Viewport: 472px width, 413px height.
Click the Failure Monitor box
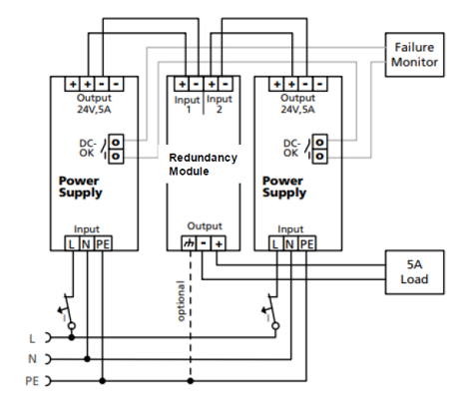point(414,55)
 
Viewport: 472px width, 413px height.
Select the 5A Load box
point(414,272)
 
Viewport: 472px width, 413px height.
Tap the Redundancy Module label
point(203,165)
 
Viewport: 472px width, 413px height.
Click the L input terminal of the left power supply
point(72,244)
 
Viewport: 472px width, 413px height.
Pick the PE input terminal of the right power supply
point(307,244)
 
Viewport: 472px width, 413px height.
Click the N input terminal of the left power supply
point(87,244)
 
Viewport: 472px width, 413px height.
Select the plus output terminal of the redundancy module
point(219,244)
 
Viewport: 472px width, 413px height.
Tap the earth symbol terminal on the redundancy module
point(189,244)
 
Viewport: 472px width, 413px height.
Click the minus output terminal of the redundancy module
point(204,244)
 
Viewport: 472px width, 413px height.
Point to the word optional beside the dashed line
point(181,301)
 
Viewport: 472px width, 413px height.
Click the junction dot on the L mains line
point(72,337)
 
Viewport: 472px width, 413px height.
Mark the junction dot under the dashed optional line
point(191,381)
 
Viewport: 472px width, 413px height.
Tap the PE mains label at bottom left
point(32,381)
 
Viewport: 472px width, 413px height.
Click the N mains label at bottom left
point(32,359)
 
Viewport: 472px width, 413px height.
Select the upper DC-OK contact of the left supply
point(116,142)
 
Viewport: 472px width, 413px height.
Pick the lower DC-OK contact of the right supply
point(319,156)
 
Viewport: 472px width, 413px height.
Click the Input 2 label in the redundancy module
point(220,104)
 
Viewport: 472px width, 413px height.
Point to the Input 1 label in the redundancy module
point(188,105)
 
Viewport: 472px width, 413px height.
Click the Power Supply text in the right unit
point(284,187)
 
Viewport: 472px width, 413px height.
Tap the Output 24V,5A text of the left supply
point(94,104)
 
